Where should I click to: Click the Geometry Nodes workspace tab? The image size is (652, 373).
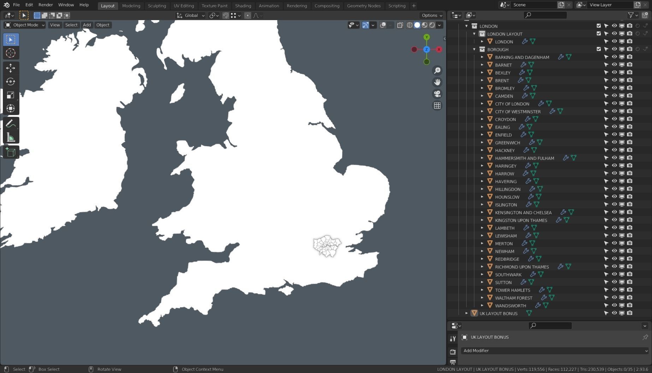(363, 6)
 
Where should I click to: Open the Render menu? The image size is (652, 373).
(46, 5)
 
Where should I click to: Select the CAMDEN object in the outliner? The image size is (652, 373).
(504, 96)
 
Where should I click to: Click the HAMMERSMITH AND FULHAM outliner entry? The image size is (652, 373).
(524, 158)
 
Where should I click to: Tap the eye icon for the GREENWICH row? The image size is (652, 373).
(614, 143)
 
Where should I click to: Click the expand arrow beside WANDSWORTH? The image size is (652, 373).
(482, 306)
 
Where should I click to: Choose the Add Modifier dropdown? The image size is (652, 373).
(555, 351)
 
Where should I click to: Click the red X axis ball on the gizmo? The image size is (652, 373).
(439, 49)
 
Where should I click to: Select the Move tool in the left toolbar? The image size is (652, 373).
(11, 68)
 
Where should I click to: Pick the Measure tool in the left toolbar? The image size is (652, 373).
(11, 138)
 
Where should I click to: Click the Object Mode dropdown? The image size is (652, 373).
(25, 25)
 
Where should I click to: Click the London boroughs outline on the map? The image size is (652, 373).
(327, 246)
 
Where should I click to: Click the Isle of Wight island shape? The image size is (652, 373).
(287, 290)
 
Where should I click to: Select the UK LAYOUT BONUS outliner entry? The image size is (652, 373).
(498, 313)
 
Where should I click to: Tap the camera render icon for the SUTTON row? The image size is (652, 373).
(630, 282)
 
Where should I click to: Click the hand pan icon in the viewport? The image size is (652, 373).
(437, 82)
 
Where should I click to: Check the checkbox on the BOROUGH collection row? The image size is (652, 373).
(599, 49)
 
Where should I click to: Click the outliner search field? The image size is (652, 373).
(546, 15)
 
